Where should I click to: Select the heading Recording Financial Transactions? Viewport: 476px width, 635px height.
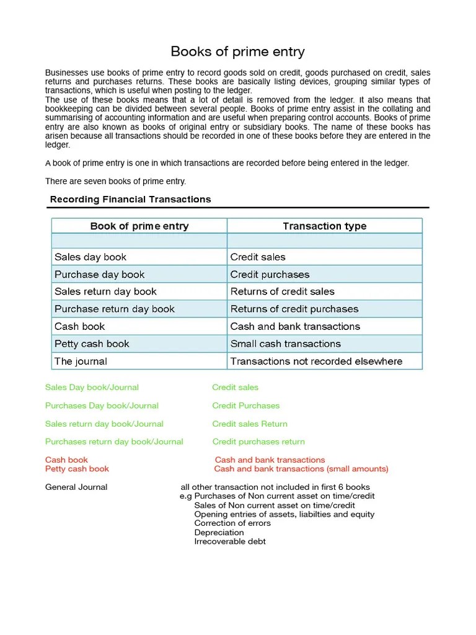coord(130,199)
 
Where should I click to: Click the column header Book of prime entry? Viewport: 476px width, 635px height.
coord(139,226)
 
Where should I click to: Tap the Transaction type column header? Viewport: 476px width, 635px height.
coord(324,226)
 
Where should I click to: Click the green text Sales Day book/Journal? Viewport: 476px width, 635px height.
coord(92,388)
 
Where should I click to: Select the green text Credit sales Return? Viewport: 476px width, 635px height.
coord(250,424)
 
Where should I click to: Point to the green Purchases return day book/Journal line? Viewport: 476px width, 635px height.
coord(114,442)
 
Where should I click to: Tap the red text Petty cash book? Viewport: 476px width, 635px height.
coord(77,469)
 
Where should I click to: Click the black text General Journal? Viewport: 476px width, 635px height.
coord(76,487)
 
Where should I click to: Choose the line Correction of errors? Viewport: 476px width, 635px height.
coord(232,523)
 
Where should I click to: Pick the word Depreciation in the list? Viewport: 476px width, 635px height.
coord(219,533)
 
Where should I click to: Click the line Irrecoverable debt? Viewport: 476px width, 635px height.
coord(230,541)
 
